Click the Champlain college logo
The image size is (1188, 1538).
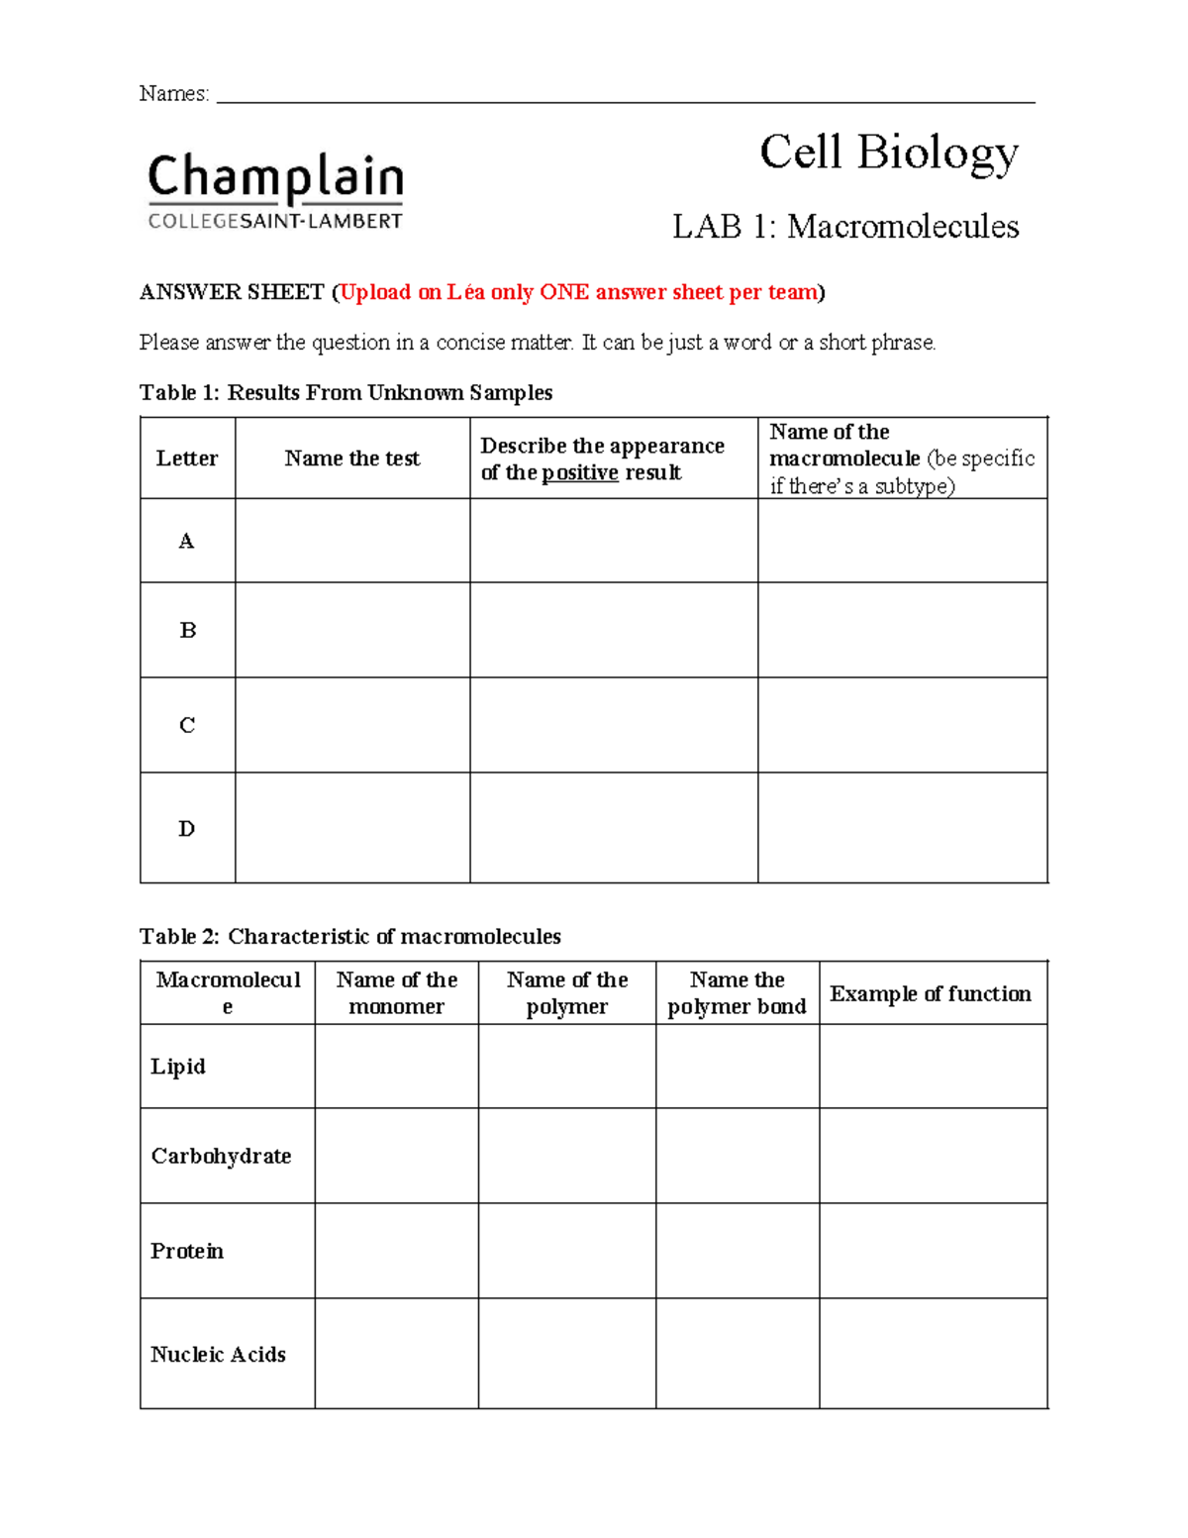(275, 191)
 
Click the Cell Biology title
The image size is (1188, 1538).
(888, 154)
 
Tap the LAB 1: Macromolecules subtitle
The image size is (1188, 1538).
(845, 227)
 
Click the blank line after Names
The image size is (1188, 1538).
(625, 95)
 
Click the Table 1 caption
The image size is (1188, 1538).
(346, 393)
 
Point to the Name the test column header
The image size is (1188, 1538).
(351, 459)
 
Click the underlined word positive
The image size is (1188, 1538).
(580, 472)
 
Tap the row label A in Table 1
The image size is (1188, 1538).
(186, 541)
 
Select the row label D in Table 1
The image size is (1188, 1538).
(186, 828)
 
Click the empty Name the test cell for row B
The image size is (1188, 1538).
(351, 630)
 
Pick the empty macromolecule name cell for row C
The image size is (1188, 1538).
(902, 725)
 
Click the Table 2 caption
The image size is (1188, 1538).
(349, 937)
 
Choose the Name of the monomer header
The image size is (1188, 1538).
(396, 993)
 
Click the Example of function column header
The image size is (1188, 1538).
(931, 994)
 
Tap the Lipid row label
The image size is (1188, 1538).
(178, 1067)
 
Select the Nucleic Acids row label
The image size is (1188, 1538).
(218, 1354)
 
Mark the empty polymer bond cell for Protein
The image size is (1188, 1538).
(737, 1251)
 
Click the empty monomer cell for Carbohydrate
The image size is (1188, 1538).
(396, 1156)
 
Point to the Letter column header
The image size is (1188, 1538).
(186, 459)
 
